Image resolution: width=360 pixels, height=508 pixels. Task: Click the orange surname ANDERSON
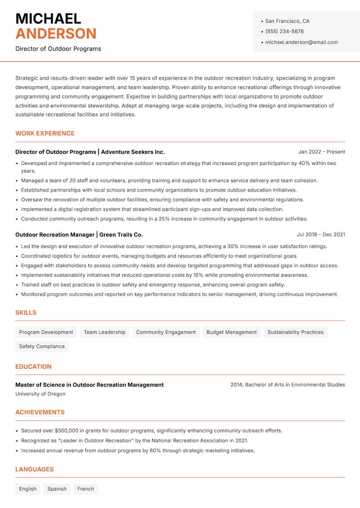click(56, 34)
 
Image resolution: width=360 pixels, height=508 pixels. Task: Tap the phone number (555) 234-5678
click(284, 31)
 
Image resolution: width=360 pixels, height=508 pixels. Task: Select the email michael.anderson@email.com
click(301, 42)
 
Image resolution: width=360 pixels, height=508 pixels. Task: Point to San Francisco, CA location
click(287, 21)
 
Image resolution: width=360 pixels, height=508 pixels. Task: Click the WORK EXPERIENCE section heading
click(45, 134)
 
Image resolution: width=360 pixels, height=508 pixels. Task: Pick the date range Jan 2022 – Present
click(321, 152)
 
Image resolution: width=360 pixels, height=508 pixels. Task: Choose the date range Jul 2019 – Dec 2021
click(321, 235)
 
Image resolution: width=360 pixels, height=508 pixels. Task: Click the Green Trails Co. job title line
click(79, 235)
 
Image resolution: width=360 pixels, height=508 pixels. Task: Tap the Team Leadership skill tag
click(104, 332)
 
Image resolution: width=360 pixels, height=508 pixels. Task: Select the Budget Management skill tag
click(231, 332)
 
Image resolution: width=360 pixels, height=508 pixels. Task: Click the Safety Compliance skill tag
click(42, 346)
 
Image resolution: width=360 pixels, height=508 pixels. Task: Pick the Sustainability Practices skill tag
click(295, 332)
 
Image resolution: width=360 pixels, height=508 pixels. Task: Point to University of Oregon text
click(40, 394)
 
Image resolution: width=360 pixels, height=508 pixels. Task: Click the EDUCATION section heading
click(33, 367)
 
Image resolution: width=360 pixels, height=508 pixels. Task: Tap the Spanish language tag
click(57, 489)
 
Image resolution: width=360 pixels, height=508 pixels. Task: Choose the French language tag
click(85, 489)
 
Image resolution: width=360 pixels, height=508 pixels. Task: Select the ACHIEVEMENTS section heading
click(40, 412)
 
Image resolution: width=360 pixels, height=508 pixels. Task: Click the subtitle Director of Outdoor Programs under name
click(58, 49)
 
